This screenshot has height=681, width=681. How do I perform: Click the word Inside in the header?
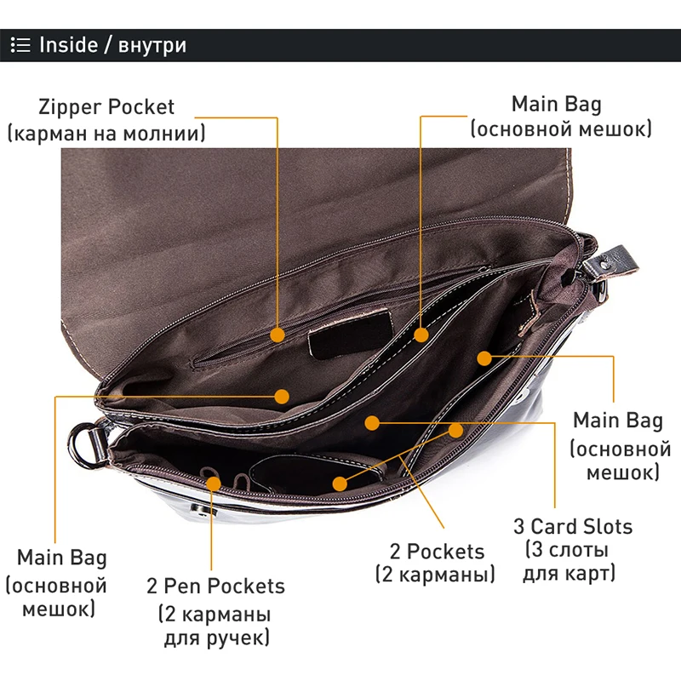[68, 45]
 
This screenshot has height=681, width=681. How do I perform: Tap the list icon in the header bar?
[21, 45]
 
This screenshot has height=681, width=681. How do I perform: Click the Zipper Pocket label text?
[106, 107]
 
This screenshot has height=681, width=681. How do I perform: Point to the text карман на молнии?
[106, 134]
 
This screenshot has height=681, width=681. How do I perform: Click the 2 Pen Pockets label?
[215, 586]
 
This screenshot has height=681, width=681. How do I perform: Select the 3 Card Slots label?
[573, 525]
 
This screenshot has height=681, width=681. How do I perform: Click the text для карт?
[569, 574]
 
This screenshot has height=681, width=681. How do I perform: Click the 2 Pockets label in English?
[435, 551]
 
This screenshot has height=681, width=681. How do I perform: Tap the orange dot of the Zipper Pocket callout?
[278, 335]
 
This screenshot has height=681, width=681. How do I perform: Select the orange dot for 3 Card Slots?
[371, 422]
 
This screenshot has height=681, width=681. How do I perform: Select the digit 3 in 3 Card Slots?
[519, 525]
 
